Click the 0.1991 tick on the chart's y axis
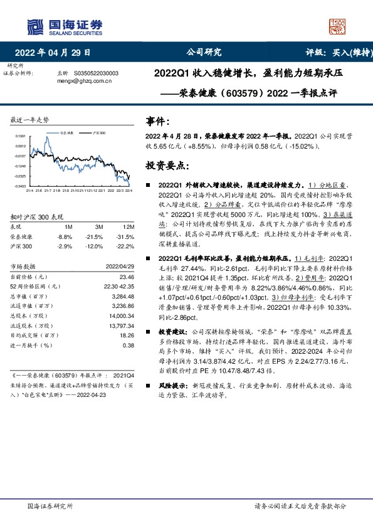[x=21, y=136]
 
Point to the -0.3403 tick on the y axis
[x=20, y=186]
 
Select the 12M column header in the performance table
[x=129, y=226]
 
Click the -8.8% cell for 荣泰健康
[x=65, y=236]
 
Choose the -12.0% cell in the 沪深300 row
[x=95, y=247]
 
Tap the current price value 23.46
[x=127, y=277]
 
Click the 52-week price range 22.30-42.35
[x=118, y=287]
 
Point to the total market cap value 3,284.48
[x=123, y=297]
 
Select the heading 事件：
[x=157, y=120]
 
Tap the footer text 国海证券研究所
[x=50, y=506]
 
